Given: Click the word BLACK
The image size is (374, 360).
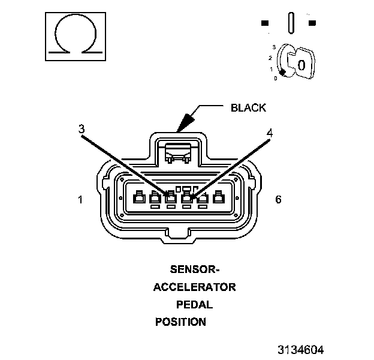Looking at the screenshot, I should pyautogui.click(x=248, y=108).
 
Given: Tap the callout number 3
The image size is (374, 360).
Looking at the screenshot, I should pyautogui.click(x=82, y=129).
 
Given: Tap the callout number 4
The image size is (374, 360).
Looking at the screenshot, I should pyautogui.click(x=270, y=133).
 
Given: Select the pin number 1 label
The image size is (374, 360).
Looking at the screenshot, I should pyautogui.click(x=80, y=199).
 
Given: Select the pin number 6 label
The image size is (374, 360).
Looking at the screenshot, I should pyautogui.click(x=278, y=199).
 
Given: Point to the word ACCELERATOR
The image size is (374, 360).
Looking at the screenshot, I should pyautogui.click(x=194, y=287).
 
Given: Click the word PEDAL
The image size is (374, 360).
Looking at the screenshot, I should pyautogui.click(x=194, y=304).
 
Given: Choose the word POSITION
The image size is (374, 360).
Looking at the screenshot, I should pyautogui.click(x=180, y=322).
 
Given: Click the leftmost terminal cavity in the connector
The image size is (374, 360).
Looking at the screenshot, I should pyautogui.click(x=139, y=197).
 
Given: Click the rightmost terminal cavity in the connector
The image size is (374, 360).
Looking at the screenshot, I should pyautogui.click(x=219, y=197).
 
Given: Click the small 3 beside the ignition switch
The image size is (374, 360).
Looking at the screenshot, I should pyautogui.click(x=273, y=47).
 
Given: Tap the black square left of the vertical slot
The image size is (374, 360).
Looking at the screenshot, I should pyautogui.click(x=265, y=23).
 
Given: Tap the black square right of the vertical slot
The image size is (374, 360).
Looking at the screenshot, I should pyautogui.click(x=312, y=23).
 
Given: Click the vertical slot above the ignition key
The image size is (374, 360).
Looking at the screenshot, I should pyautogui.click(x=291, y=23).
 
